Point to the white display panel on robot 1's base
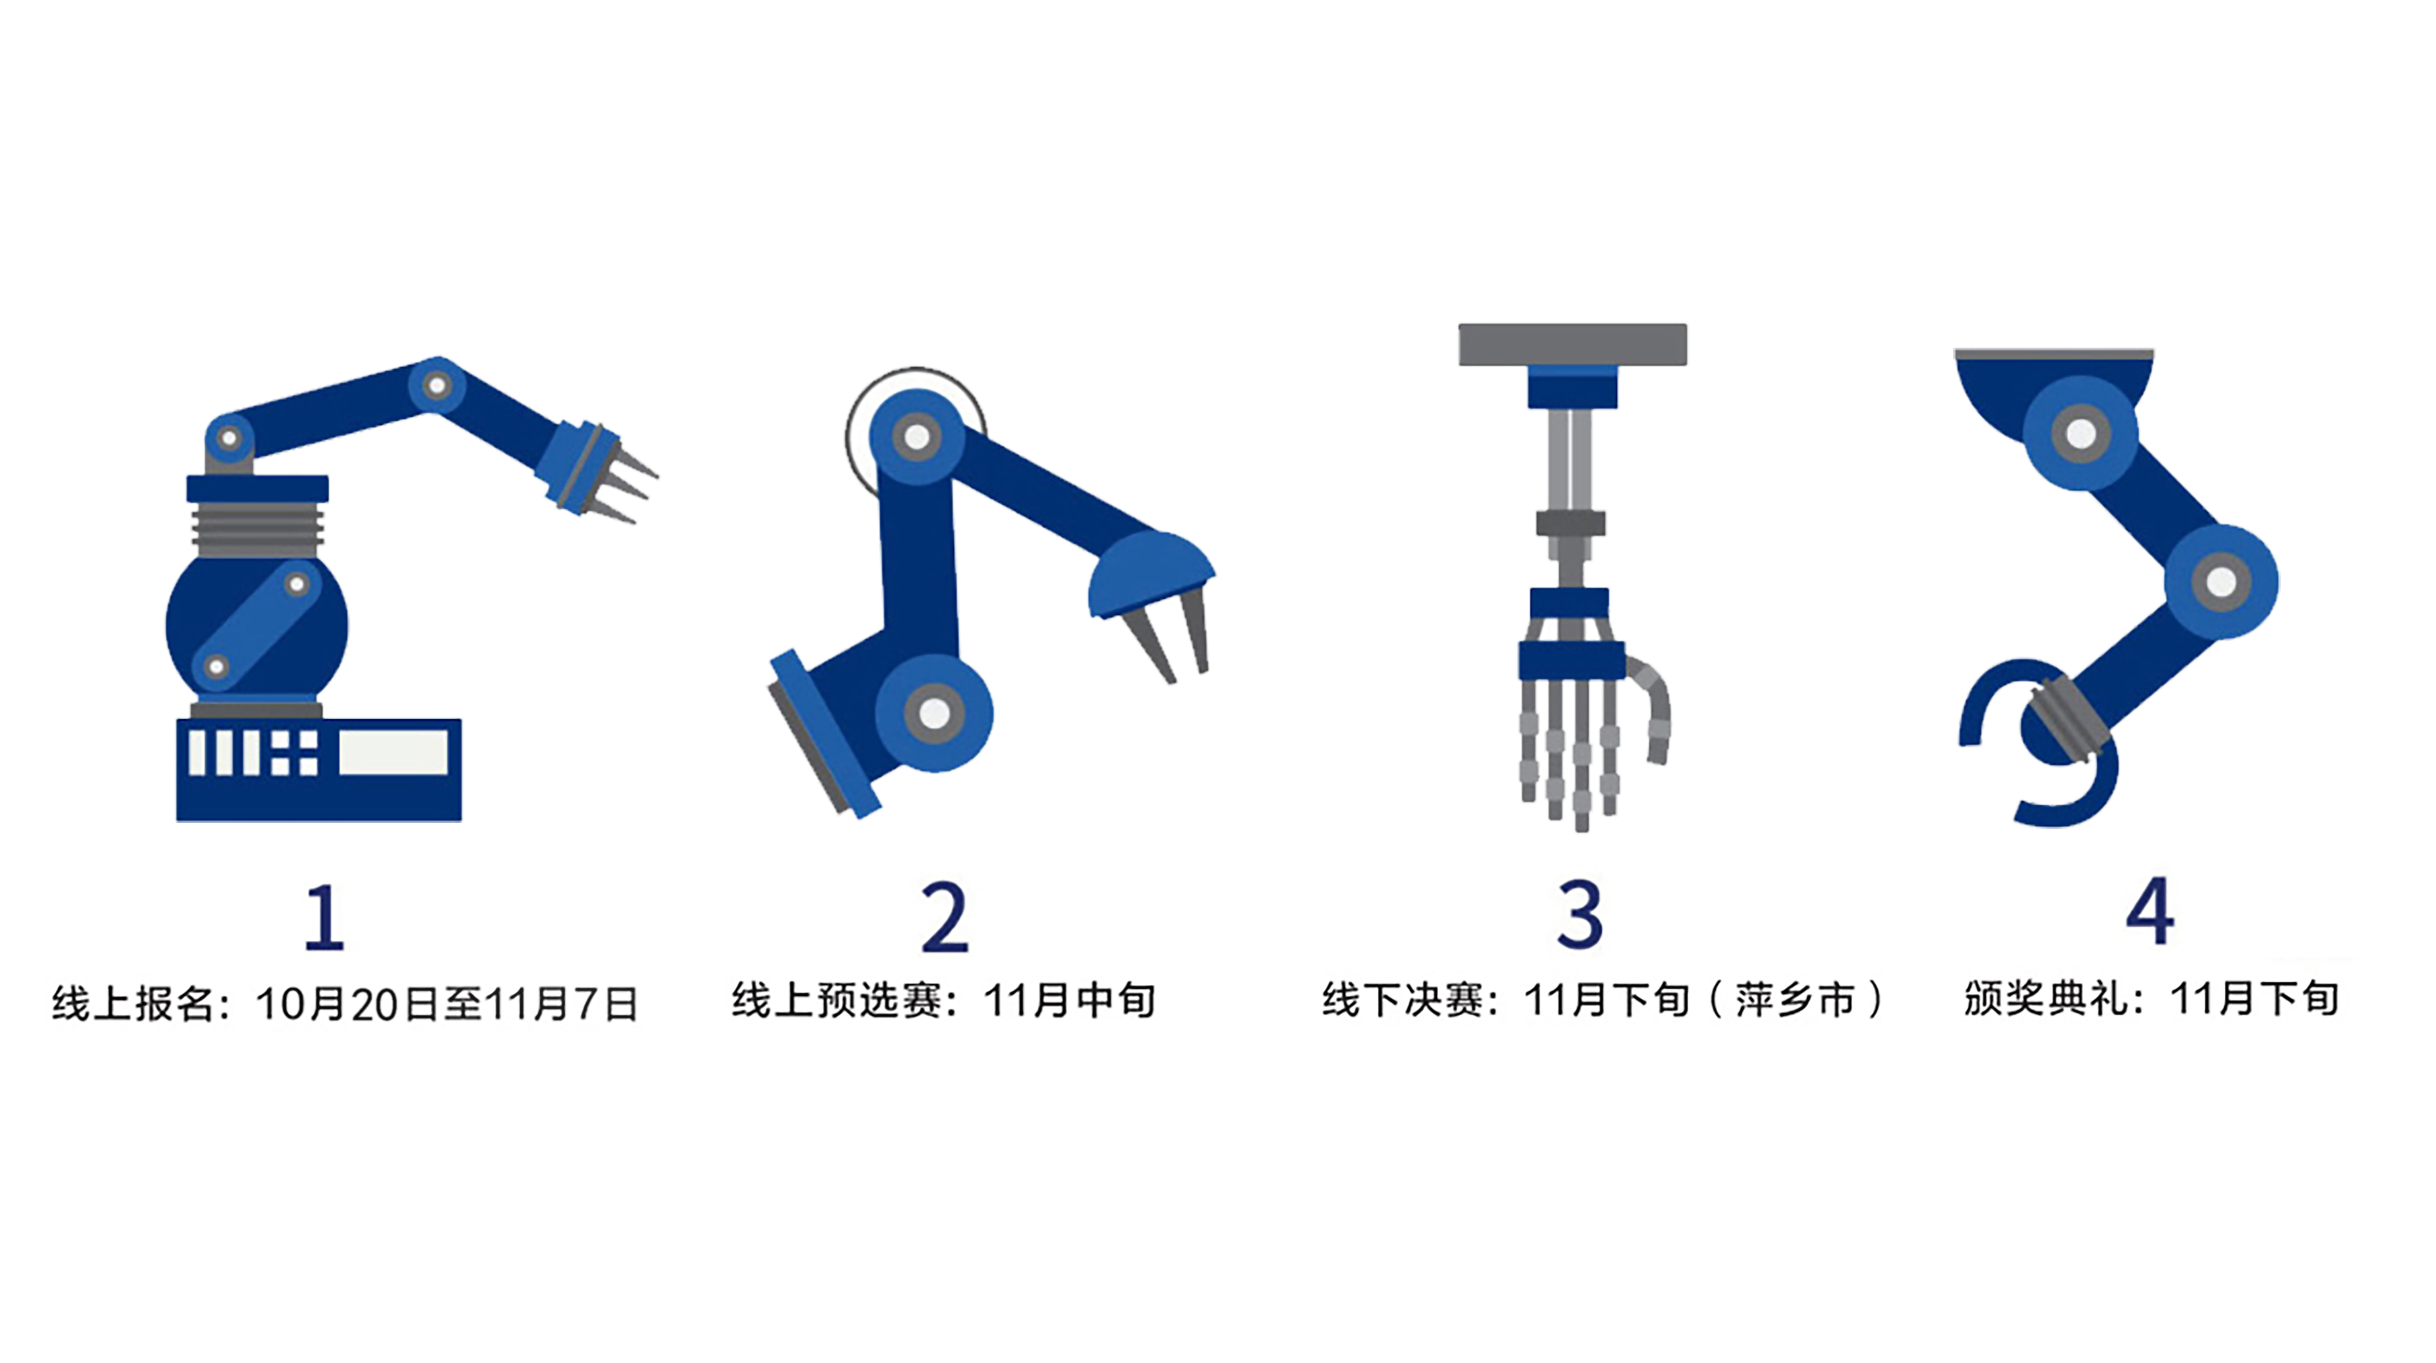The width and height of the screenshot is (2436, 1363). [393, 753]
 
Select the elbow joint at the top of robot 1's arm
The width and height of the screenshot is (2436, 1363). [437, 385]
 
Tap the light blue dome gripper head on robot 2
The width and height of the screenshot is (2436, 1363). [1150, 573]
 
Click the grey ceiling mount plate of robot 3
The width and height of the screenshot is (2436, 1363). [1573, 344]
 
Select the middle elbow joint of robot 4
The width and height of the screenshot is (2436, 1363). [2221, 581]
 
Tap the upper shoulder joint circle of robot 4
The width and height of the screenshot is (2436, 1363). [2081, 434]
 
